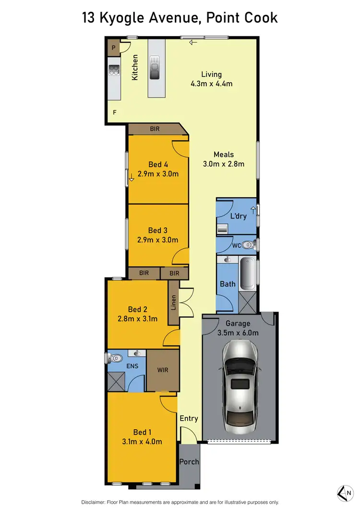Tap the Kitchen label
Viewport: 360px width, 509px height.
[135, 67]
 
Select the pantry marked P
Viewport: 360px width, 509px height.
[114, 47]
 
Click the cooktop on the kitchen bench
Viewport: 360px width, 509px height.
[114, 71]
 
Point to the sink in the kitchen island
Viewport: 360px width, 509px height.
[156, 67]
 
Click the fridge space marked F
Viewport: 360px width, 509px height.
[114, 112]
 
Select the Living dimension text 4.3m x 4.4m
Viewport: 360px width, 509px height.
[211, 84]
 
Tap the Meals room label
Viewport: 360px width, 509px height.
[224, 154]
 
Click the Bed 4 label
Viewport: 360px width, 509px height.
[158, 165]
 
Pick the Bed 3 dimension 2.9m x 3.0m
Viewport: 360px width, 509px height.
[158, 240]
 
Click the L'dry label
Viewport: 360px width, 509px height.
[239, 216]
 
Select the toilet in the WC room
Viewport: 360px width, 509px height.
[247, 244]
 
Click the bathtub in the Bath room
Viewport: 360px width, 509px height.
[248, 274]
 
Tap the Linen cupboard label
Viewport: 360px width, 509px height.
[173, 303]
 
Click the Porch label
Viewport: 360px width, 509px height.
[189, 462]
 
